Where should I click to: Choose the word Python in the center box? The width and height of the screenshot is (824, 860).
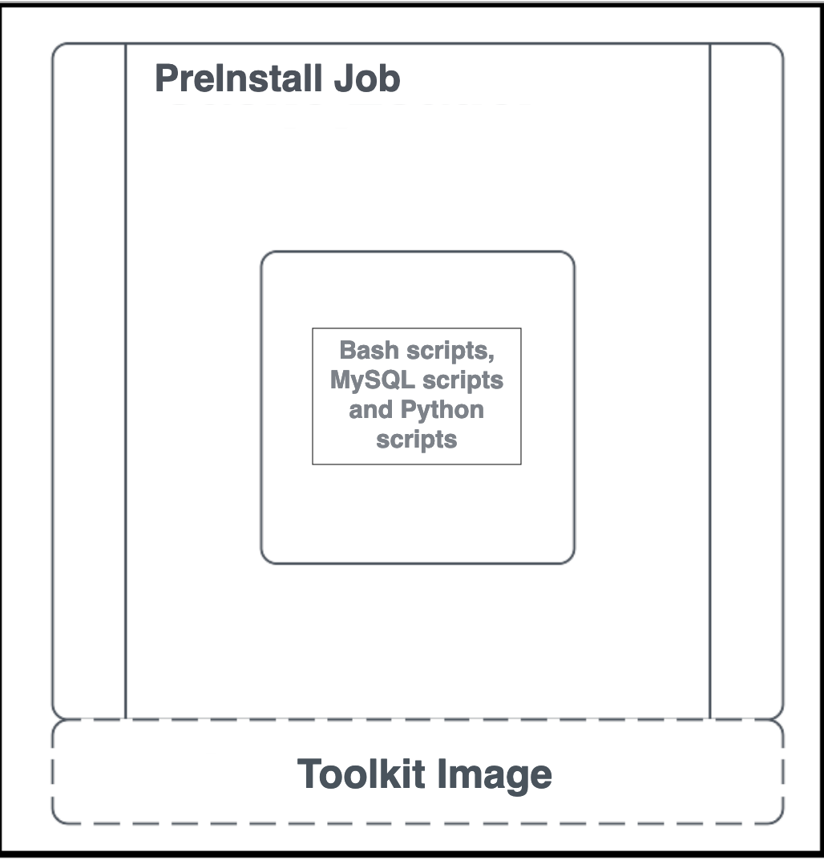tap(442, 410)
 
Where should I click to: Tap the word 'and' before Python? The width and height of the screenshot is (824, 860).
tap(370, 410)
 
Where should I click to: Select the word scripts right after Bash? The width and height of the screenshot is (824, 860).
tap(451, 351)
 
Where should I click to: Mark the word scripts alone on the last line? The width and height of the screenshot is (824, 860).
tap(417, 440)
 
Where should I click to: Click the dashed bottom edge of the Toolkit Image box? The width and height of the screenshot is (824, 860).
tap(417, 823)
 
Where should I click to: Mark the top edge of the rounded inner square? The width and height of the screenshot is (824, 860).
tap(417, 252)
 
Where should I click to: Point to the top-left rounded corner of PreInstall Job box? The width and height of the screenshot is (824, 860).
tap(57, 48)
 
